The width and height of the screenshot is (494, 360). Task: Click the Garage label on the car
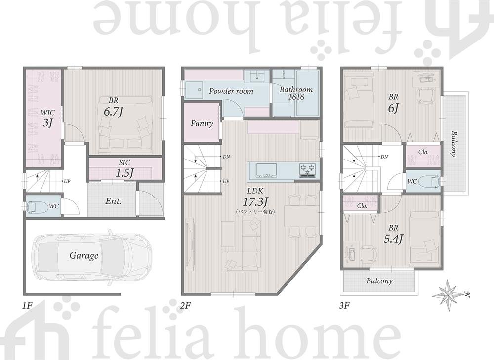84,255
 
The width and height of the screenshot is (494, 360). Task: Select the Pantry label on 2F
202,123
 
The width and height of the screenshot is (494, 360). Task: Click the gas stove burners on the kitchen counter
307,170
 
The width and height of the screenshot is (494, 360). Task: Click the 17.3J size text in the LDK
255,201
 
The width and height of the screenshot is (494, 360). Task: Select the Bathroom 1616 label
296,93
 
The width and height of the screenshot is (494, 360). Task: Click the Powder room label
231,91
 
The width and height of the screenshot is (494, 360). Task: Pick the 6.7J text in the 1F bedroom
113,112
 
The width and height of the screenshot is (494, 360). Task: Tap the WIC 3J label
47,118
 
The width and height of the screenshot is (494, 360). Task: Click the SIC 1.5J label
125,168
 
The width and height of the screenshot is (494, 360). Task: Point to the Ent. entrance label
114,201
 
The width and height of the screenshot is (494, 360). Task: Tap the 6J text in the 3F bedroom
394,108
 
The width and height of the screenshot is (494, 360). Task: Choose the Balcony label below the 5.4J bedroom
379,281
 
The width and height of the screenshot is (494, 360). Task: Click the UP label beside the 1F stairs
67,181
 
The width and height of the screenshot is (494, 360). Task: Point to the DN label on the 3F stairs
384,157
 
